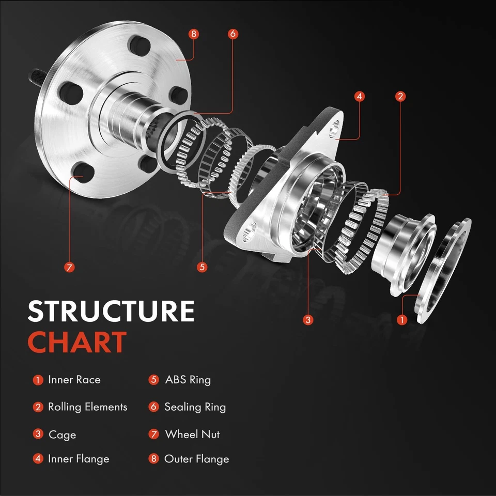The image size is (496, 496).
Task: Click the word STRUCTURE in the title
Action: click(111, 312)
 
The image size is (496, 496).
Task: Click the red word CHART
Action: click(77, 342)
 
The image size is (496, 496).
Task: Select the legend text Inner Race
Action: click(74, 380)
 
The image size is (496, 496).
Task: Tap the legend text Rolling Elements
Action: click(87, 407)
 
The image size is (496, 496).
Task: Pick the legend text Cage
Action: click(62, 435)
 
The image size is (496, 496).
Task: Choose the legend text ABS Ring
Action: click(188, 380)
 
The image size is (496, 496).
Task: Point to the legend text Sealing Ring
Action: click(195, 407)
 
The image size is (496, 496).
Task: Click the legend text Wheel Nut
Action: click(192, 435)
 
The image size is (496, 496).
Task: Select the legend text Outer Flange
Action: click(196, 459)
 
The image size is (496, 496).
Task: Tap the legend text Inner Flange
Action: click(79, 459)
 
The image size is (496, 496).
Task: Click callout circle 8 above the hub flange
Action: click(194, 34)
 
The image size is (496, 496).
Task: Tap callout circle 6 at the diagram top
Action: click(233, 34)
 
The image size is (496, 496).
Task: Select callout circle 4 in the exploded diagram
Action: click(360, 96)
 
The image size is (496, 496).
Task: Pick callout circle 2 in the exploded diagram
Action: click(400, 96)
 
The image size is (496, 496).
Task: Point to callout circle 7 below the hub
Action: click(70, 267)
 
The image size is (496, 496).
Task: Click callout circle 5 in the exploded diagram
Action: click(202, 267)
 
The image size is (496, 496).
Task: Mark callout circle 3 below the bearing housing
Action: click(308, 320)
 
